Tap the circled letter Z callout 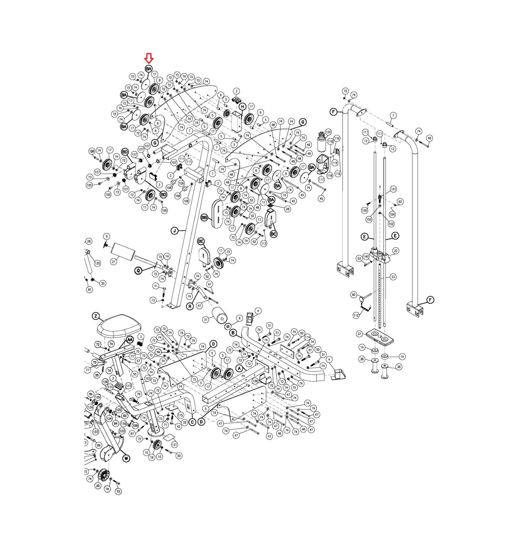96,316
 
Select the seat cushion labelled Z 119,325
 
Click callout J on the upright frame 174,231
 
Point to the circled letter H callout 242,107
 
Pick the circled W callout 126,458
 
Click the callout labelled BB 204,218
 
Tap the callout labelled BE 201,241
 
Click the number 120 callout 328,132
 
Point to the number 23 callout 393,277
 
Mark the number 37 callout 360,334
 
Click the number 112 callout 356,315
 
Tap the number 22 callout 395,250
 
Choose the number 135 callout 97,263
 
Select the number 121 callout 174,445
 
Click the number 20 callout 98,485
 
